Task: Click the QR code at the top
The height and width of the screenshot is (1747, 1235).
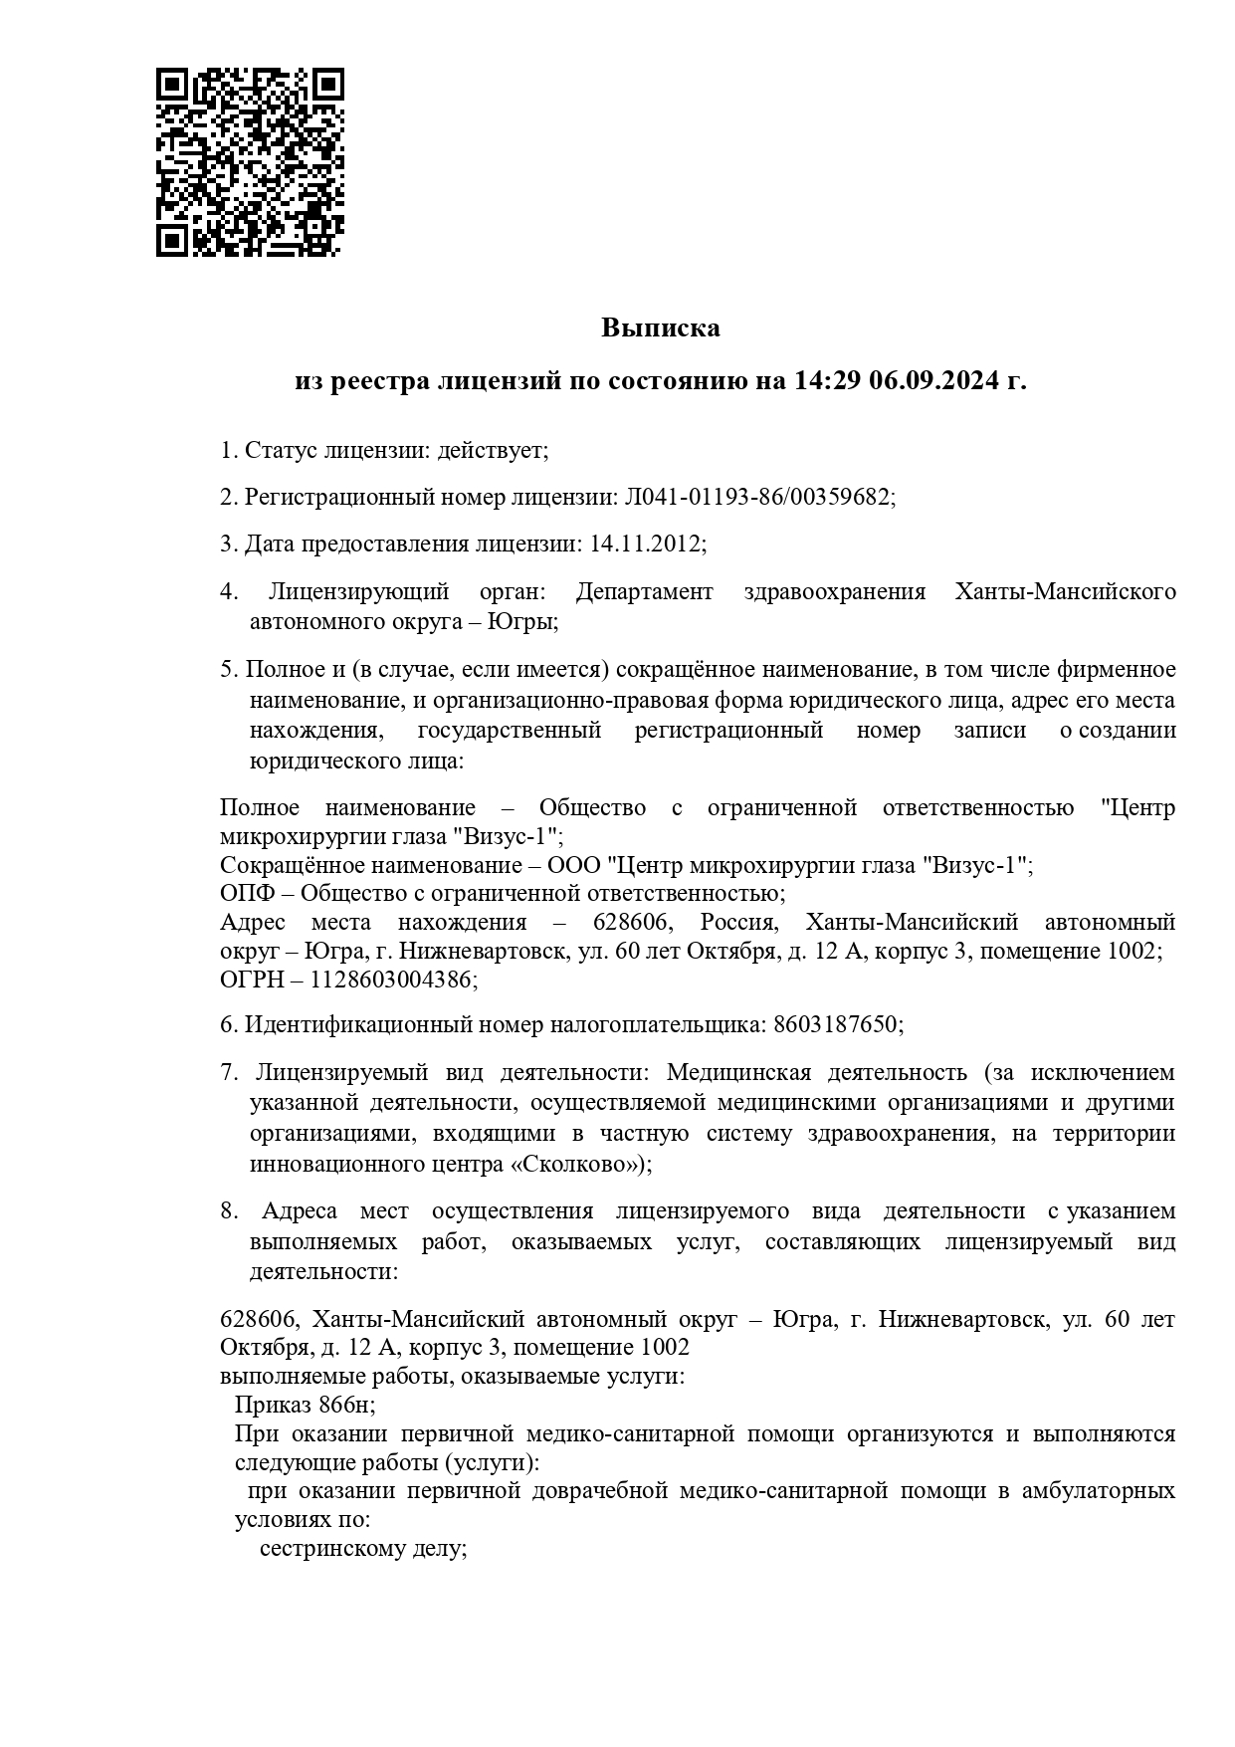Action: point(250,161)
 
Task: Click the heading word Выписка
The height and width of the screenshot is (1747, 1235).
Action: point(660,328)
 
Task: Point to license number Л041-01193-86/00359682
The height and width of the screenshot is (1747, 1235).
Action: point(756,497)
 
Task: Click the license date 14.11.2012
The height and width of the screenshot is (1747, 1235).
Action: point(645,544)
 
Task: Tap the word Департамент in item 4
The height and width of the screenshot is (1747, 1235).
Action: point(644,591)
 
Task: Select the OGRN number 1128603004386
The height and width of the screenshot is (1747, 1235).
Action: point(391,980)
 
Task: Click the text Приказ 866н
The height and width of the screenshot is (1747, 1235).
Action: point(304,1405)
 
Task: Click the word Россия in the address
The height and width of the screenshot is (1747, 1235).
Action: point(737,921)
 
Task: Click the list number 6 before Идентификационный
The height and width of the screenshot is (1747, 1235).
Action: point(226,1024)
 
